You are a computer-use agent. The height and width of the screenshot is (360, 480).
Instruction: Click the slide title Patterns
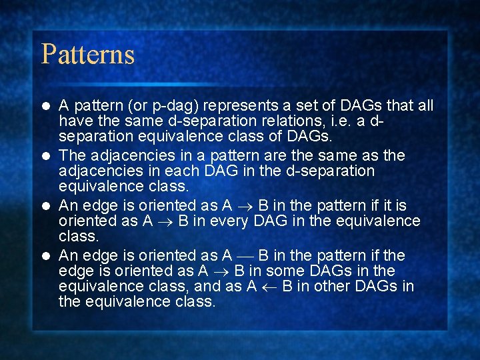pyautogui.click(x=88, y=54)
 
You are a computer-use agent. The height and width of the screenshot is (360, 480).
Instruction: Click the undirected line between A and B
pyautogui.click(x=245, y=256)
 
